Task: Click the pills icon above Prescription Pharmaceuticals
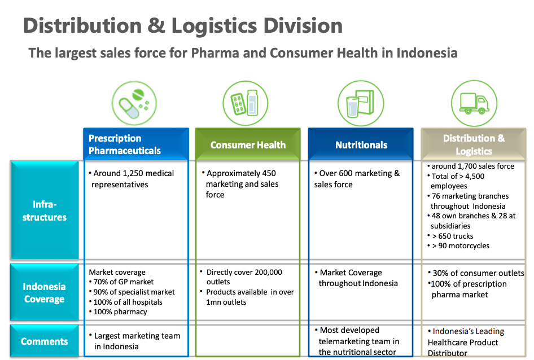click(134, 103)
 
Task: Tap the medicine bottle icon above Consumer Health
click(245, 103)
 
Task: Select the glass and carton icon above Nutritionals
click(361, 103)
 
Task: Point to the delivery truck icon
click(474, 103)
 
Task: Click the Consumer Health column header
click(248, 144)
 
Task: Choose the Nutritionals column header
click(361, 144)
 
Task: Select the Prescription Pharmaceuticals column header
click(136, 144)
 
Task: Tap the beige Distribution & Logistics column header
click(474, 144)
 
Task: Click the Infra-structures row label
click(45, 210)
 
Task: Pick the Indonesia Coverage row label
click(45, 292)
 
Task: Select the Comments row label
click(45, 341)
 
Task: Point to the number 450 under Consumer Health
click(269, 173)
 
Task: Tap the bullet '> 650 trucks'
click(450, 236)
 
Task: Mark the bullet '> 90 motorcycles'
click(458, 245)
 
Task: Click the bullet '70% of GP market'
click(121, 282)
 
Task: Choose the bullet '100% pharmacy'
click(118, 311)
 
